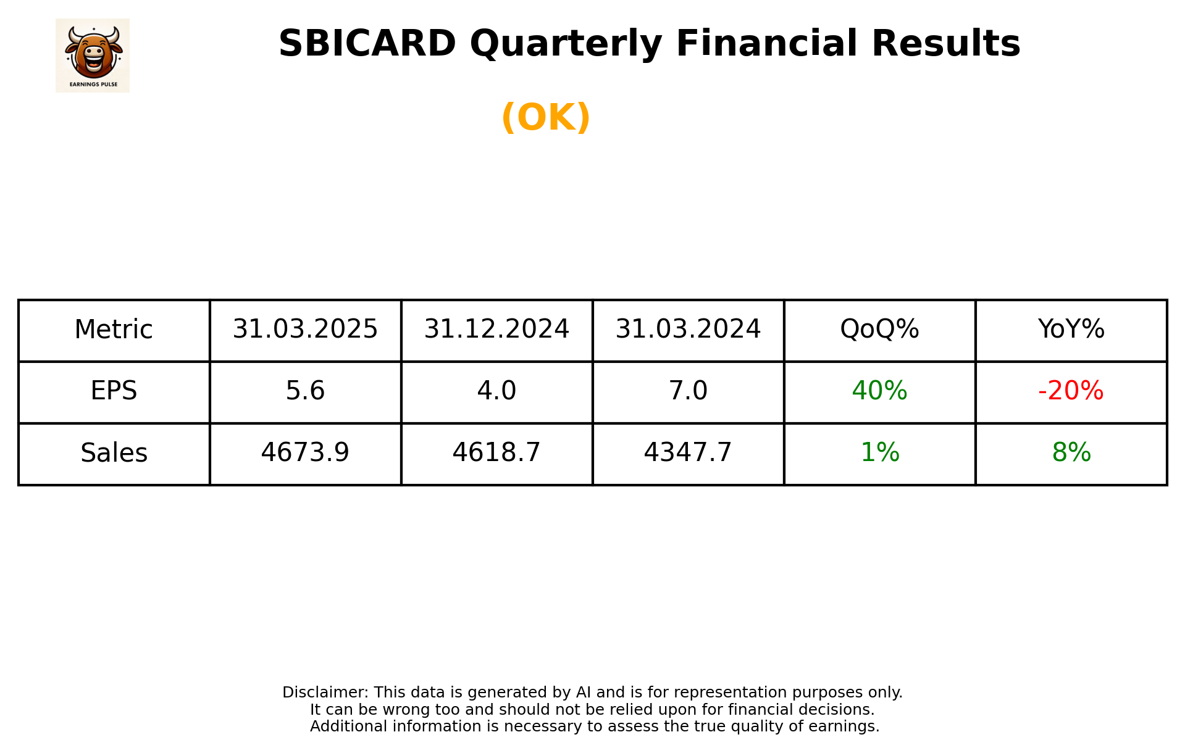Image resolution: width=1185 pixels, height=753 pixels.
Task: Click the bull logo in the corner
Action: click(x=93, y=55)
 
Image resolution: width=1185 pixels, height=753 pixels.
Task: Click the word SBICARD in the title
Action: click(x=367, y=44)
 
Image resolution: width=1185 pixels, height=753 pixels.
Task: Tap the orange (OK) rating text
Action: click(x=546, y=117)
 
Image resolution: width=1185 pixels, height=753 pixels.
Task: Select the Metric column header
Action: click(x=114, y=330)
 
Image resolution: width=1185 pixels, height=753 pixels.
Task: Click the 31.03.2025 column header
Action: click(x=305, y=330)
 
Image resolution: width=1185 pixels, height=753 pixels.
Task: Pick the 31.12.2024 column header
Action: click(x=496, y=330)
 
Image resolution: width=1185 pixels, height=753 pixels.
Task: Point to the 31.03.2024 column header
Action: click(x=688, y=330)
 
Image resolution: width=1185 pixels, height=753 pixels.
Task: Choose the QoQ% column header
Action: click(x=879, y=330)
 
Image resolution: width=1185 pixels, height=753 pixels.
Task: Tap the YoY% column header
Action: click(x=1071, y=330)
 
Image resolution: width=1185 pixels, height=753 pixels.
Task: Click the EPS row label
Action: click(x=114, y=391)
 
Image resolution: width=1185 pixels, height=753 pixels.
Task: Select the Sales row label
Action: click(x=114, y=453)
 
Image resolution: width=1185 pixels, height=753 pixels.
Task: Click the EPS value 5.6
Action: click(x=305, y=391)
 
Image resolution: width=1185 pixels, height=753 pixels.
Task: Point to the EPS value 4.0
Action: click(x=496, y=391)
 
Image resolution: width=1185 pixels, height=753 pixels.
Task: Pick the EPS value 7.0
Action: click(x=688, y=391)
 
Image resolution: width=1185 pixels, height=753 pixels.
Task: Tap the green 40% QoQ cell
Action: click(x=879, y=391)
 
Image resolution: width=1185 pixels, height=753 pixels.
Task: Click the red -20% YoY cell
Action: click(x=1071, y=391)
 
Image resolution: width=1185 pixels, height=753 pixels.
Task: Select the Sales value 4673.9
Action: click(x=305, y=453)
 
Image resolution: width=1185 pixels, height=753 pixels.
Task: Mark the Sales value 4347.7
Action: click(x=688, y=453)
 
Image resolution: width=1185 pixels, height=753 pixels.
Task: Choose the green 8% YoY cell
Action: click(x=1071, y=453)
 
